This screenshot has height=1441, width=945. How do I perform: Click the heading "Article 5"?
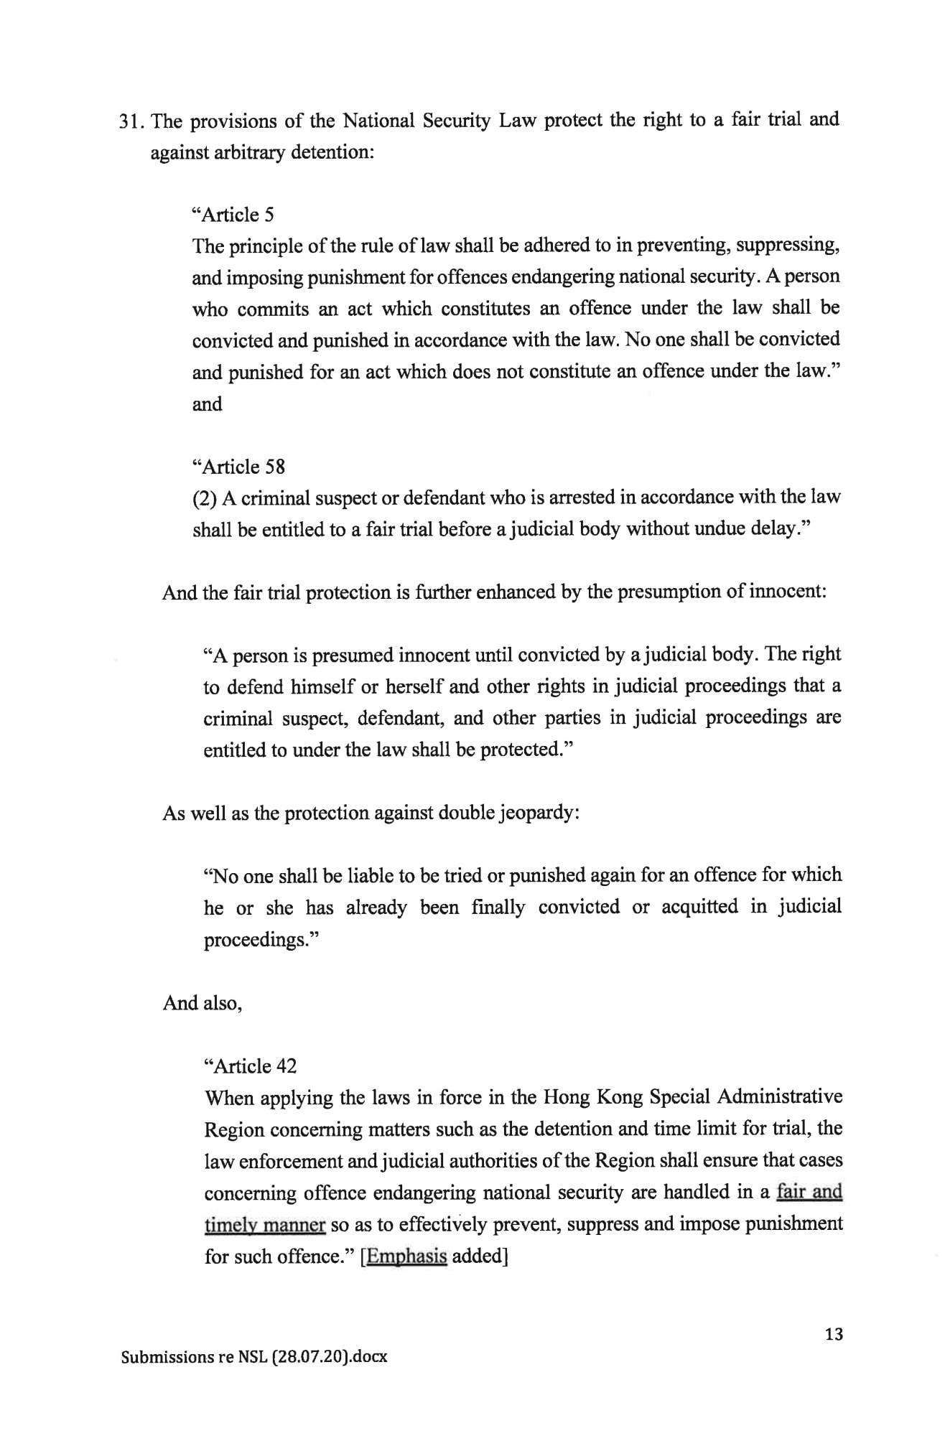click(234, 215)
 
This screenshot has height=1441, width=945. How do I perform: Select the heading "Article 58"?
click(239, 467)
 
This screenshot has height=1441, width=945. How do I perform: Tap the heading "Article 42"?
click(251, 1066)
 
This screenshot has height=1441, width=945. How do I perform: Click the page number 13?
click(834, 1334)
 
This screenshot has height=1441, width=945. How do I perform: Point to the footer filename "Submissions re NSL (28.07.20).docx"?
click(254, 1357)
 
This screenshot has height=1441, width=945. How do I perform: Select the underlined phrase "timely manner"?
click(265, 1224)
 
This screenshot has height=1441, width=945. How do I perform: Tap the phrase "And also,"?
click(202, 1002)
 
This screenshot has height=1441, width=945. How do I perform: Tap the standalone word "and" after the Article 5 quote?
click(207, 404)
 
